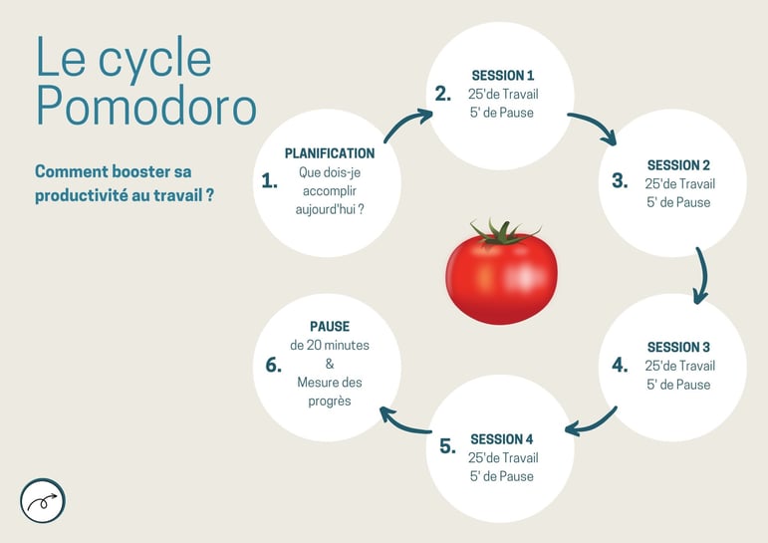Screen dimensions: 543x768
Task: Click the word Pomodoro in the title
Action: (145, 108)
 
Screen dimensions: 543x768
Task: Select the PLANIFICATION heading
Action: (330, 153)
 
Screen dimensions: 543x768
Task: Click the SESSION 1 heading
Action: (503, 75)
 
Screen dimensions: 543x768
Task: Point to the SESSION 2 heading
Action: (678, 165)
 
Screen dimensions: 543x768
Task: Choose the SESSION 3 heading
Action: (678, 348)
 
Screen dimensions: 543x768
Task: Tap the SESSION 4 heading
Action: (502, 439)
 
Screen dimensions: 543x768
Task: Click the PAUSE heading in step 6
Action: (330, 326)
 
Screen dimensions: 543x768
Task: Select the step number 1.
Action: (269, 180)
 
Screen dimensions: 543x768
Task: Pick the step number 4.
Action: (621, 365)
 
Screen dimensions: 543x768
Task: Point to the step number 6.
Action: (274, 365)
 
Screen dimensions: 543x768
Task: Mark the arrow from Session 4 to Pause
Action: (404, 421)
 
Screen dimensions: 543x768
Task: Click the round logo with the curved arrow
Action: (43, 500)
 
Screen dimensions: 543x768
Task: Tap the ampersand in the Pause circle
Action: (330, 364)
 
